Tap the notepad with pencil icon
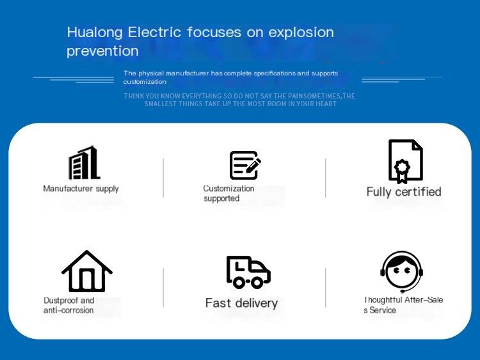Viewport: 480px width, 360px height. [245, 165]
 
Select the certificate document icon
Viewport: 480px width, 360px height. [406, 162]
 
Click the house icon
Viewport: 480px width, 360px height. [87, 271]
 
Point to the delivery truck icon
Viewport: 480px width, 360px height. [248, 272]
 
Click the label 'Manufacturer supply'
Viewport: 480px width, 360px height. [81, 189]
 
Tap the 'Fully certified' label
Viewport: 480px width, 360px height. [404, 192]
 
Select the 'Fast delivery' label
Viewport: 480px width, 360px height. [241, 304]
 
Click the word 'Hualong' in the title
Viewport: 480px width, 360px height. [95, 33]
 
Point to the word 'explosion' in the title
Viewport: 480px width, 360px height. [301, 33]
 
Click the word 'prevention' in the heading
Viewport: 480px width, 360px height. [102, 51]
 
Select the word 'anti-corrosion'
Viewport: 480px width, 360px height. [68, 311]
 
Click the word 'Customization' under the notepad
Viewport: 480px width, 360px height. [228, 189]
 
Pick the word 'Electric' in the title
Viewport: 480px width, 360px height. [155, 32]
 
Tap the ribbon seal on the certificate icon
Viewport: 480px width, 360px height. [402, 171]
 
